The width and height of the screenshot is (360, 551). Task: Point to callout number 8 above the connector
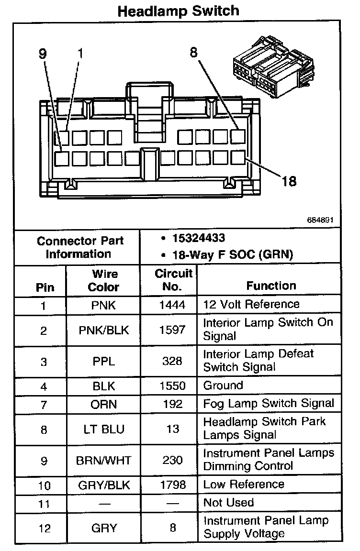tap(193, 52)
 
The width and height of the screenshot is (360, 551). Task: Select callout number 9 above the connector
tap(43, 54)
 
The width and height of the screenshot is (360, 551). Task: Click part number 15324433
tap(199, 238)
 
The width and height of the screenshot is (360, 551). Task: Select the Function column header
tap(271, 286)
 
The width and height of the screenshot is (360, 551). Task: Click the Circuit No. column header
tap(173, 280)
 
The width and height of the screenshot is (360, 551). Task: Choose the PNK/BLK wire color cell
tap(103, 330)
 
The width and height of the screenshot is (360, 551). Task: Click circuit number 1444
tap(172, 305)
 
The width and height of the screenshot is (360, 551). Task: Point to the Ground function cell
tap(223, 386)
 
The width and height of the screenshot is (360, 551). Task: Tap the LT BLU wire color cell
tap(103, 430)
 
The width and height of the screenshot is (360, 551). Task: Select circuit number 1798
tap(172, 485)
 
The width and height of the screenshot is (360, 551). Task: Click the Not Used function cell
tap(228, 503)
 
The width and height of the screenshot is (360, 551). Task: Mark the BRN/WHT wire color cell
tap(103, 460)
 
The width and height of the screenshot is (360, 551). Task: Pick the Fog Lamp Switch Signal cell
tap(269, 404)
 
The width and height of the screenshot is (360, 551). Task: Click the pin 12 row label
tap(44, 528)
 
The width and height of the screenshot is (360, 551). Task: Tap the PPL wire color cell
tap(103, 361)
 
